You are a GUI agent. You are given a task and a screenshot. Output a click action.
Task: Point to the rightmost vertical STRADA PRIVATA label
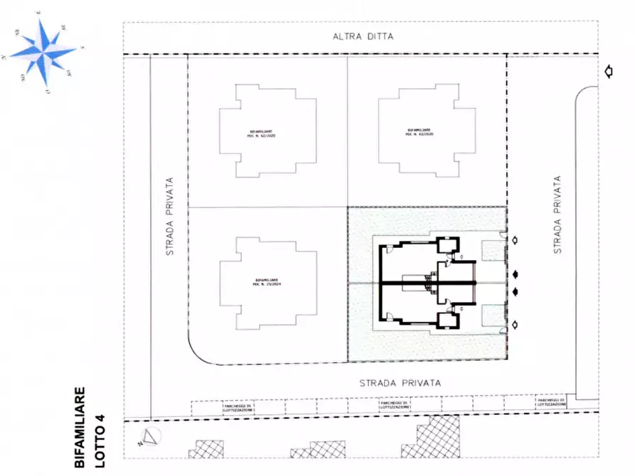557,215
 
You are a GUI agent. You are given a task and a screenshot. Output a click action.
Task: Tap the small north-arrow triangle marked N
151,437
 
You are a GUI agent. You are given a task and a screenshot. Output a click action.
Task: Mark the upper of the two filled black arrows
516,275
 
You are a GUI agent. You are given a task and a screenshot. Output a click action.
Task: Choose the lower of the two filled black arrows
516,292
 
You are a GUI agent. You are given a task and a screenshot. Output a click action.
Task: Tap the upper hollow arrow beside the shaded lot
515,240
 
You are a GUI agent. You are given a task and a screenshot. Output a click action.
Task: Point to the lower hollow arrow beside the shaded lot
515,325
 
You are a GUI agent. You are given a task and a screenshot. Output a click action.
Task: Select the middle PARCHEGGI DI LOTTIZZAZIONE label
394,406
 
